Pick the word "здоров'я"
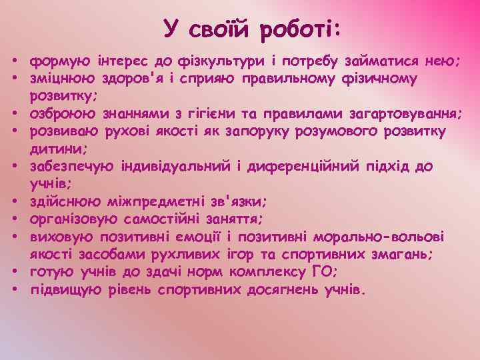(x=134, y=79)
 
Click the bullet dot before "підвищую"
(x=14, y=290)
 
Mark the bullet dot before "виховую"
(x=14, y=237)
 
